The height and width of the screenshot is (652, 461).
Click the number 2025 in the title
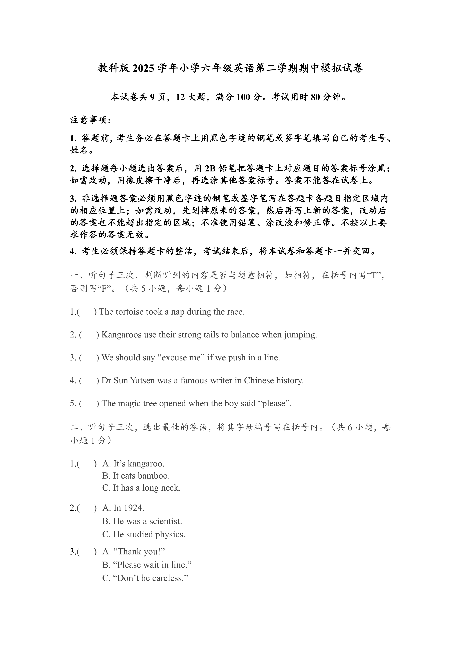(x=143, y=68)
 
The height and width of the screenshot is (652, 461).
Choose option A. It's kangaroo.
(x=133, y=464)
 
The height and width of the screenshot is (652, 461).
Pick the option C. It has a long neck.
(x=141, y=488)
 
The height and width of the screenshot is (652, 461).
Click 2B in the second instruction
(x=210, y=169)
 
